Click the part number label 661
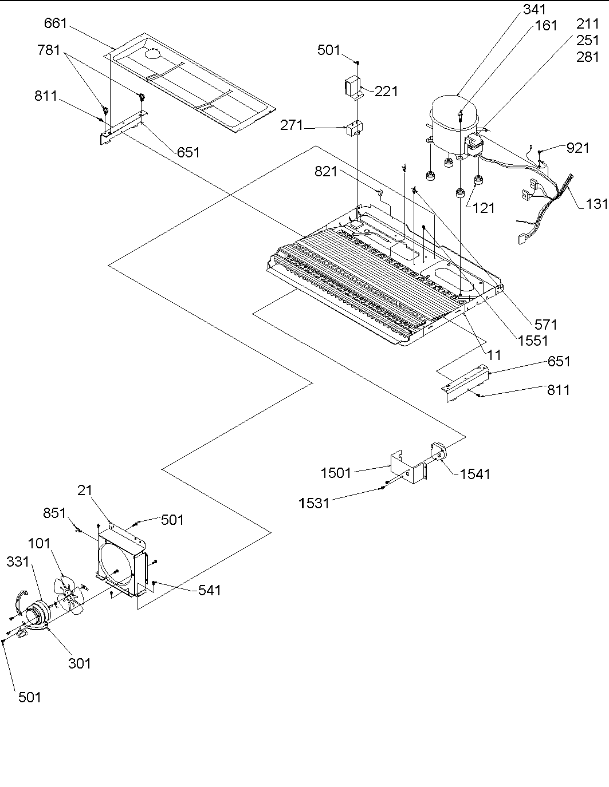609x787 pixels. pos(56,23)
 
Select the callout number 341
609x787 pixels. pos(533,10)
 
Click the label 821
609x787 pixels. pos(326,171)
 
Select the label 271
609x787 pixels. pos(292,125)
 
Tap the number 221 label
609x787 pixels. pos(386,91)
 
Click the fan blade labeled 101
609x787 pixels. pos(70,595)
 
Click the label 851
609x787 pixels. pos(56,513)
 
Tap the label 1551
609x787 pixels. pos(532,341)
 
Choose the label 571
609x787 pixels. pos(545,325)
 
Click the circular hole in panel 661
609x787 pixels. pos(153,54)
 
